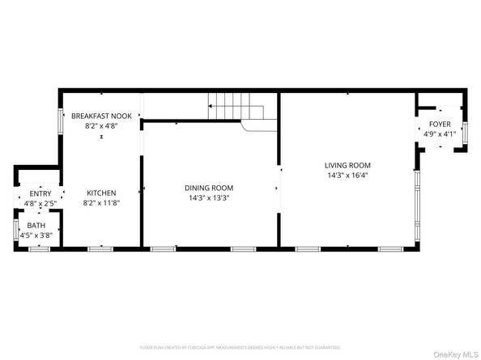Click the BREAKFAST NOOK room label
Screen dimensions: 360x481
101,116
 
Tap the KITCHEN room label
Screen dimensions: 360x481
101,193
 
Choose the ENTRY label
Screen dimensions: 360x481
40,194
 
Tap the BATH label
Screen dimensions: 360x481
36,225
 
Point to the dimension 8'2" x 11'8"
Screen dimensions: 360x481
101,202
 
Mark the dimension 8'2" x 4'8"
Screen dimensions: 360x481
101,126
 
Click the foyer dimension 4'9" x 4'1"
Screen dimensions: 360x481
441,134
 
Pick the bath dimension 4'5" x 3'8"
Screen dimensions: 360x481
36,235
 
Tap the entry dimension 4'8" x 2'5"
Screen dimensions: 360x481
40,204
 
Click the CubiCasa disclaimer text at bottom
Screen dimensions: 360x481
240,347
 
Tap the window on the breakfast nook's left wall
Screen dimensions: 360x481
59,121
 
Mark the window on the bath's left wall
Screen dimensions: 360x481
16,227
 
